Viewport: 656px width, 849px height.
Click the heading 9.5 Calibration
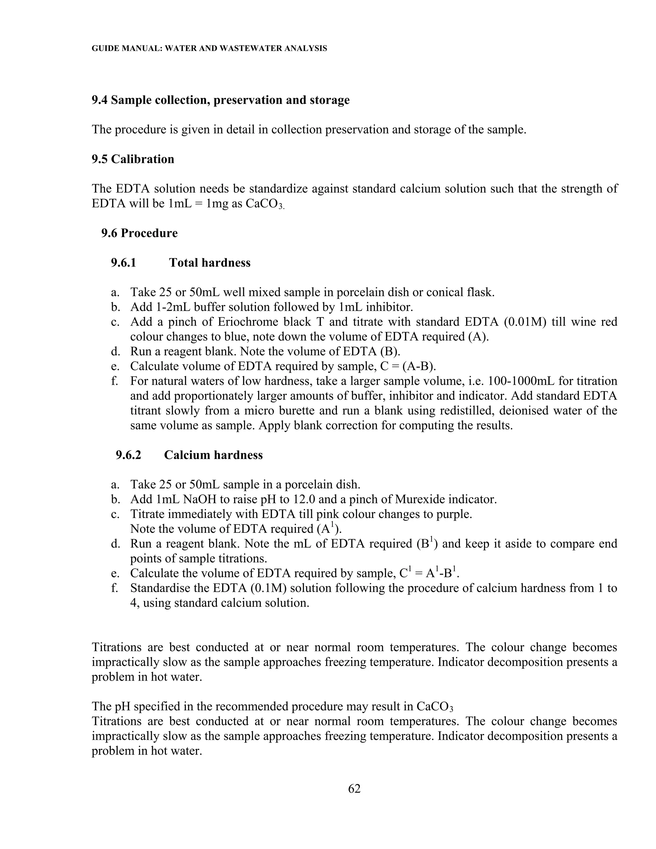coord(133,159)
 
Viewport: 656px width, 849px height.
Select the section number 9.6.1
coord(124,263)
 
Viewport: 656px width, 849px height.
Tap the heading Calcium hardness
coord(213,455)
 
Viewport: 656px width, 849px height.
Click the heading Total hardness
coord(209,263)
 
